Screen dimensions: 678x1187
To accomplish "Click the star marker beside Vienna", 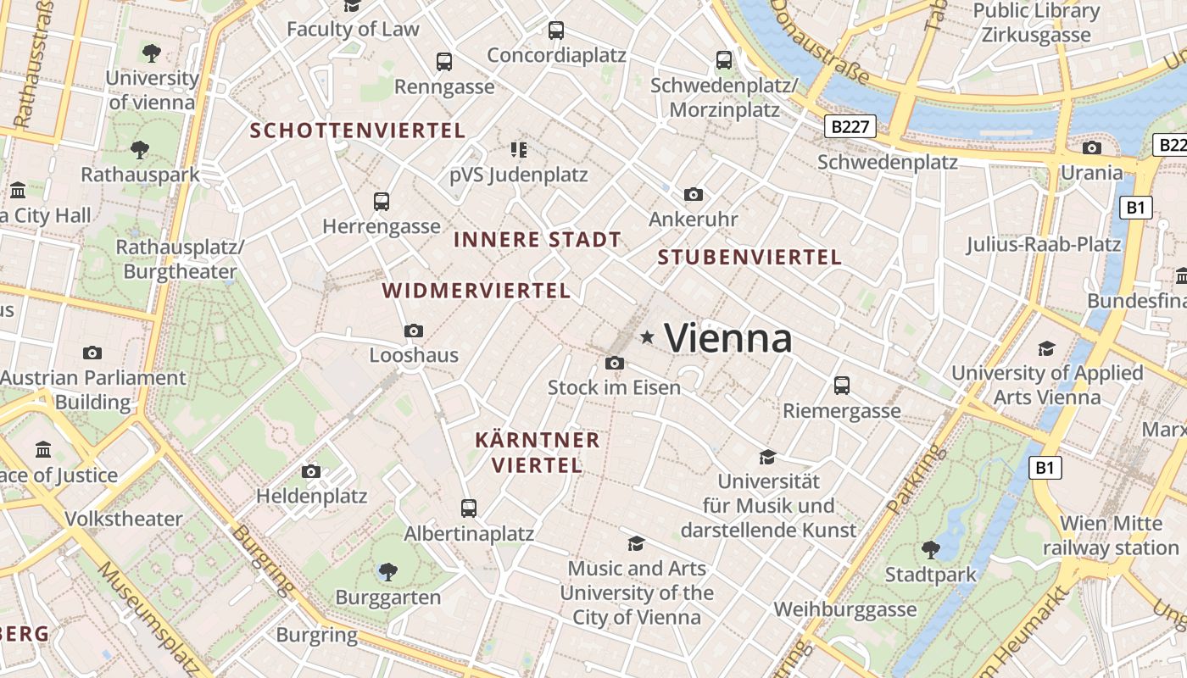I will (x=648, y=337).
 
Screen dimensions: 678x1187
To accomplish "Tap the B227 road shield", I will (x=850, y=127).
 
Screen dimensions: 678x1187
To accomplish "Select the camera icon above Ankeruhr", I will (x=693, y=195).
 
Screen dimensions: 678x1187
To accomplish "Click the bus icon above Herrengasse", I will (x=382, y=202).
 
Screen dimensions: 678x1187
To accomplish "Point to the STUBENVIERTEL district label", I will (x=750, y=258).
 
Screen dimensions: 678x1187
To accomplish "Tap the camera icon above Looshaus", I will (x=414, y=331).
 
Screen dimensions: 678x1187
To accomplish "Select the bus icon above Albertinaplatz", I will (x=469, y=508).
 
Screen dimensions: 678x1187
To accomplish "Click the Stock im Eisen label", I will (x=614, y=388).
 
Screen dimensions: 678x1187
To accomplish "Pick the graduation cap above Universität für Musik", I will (x=767, y=458).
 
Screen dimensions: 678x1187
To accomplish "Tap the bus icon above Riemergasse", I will (x=842, y=386).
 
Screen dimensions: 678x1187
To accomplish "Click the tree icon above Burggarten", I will (x=388, y=572).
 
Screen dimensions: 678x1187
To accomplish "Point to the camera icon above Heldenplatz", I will (x=311, y=471).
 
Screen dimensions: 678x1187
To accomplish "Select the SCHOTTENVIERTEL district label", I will (x=358, y=131).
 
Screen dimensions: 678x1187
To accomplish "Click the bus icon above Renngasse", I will (x=444, y=62).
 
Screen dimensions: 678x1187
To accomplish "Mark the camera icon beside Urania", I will (x=1092, y=148).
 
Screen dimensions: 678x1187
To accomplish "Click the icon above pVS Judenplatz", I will (x=519, y=151).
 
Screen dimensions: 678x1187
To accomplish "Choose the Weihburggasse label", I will (x=844, y=609).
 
